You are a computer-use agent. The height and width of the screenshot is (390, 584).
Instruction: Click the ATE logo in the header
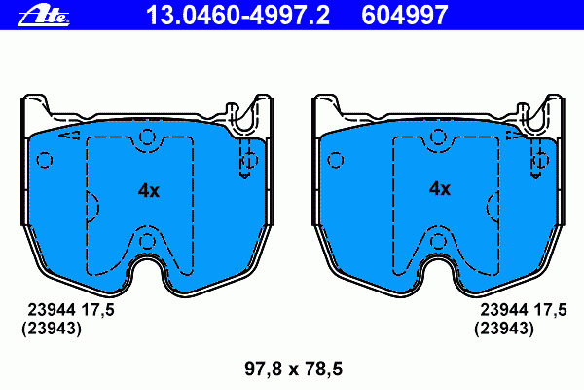(44, 17)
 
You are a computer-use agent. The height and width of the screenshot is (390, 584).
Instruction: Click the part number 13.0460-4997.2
(238, 16)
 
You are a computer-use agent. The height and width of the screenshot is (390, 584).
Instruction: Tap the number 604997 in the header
(405, 16)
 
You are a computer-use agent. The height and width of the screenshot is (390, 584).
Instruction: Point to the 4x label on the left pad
(149, 190)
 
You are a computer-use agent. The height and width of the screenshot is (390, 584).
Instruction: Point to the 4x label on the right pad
(440, 189)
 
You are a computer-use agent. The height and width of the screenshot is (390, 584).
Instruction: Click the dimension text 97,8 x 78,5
(294, 369)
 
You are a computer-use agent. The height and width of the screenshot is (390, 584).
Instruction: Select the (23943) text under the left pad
(52, 329)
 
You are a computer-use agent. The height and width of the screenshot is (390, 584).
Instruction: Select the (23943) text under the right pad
(504, 329)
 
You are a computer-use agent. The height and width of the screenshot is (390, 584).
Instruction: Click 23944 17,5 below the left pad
(71, 310)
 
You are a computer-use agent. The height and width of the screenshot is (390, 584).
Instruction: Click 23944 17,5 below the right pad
(524, 310)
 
